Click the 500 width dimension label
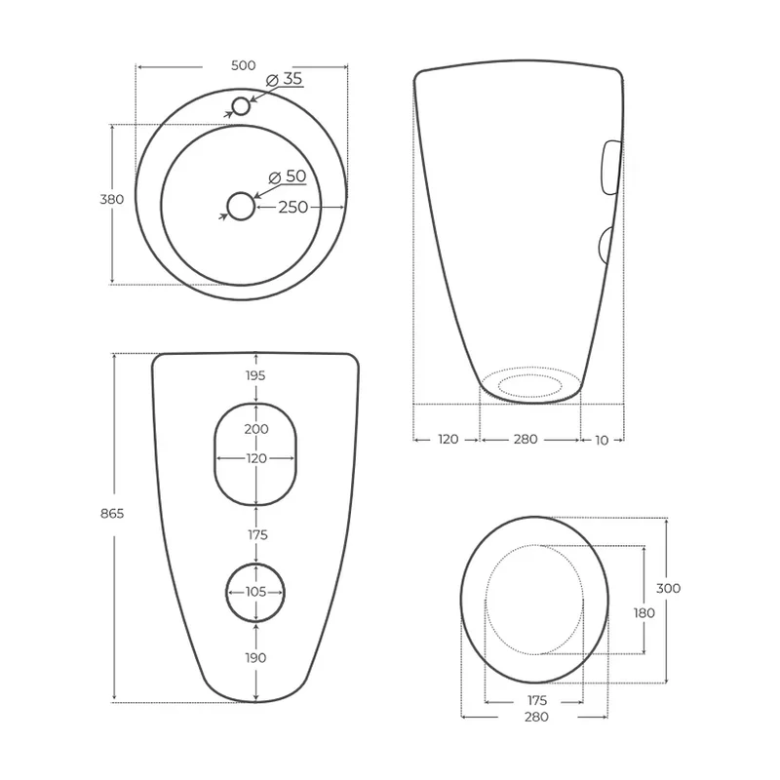pyautogui.click(x=243, y=65)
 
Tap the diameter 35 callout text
pyautogui.click(x=285, y=79)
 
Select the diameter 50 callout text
pyautogui.click(x=288, y=176)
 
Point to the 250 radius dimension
pyautogui.click(x=293, y=207)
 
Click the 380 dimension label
pyautogui.click(x=112, y=199)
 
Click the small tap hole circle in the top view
pyautogui.click(x=241, y=98)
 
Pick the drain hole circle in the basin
pyautogui.click(x=241, y=193)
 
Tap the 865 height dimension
pyautogui.click(x=112, y=514)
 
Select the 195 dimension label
pyautogui.click(x=255, y=375)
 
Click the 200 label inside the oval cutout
pyautogui.click(x=256, y=429)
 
